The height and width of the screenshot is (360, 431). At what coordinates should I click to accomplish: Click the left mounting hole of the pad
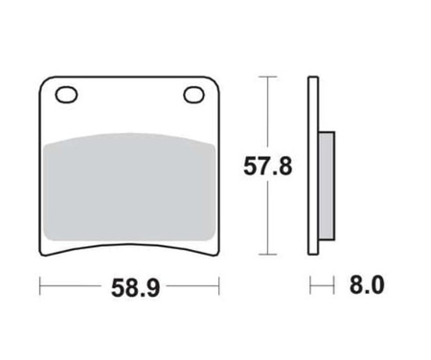[x=66, y=95]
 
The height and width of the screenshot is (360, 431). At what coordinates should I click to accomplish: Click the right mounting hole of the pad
[x=194, y=95]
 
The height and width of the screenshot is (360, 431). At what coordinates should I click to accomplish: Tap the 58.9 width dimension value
[x=135, y=288]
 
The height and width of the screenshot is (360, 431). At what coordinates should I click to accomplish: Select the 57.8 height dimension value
[x=267, y=167]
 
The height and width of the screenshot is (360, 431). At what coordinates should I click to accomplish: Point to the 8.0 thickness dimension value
[x=367, y=285]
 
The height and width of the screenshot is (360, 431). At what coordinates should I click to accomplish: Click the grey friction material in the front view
[x=128, y=187]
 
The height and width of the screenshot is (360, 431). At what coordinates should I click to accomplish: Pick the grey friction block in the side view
[x=327, y=186]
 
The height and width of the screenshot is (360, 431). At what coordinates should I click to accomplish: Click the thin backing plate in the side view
[x=313, y=166]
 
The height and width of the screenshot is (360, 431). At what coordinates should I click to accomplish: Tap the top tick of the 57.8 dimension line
[x=267, y=77]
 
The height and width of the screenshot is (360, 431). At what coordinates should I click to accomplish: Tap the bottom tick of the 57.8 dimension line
[x=267, y=255]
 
